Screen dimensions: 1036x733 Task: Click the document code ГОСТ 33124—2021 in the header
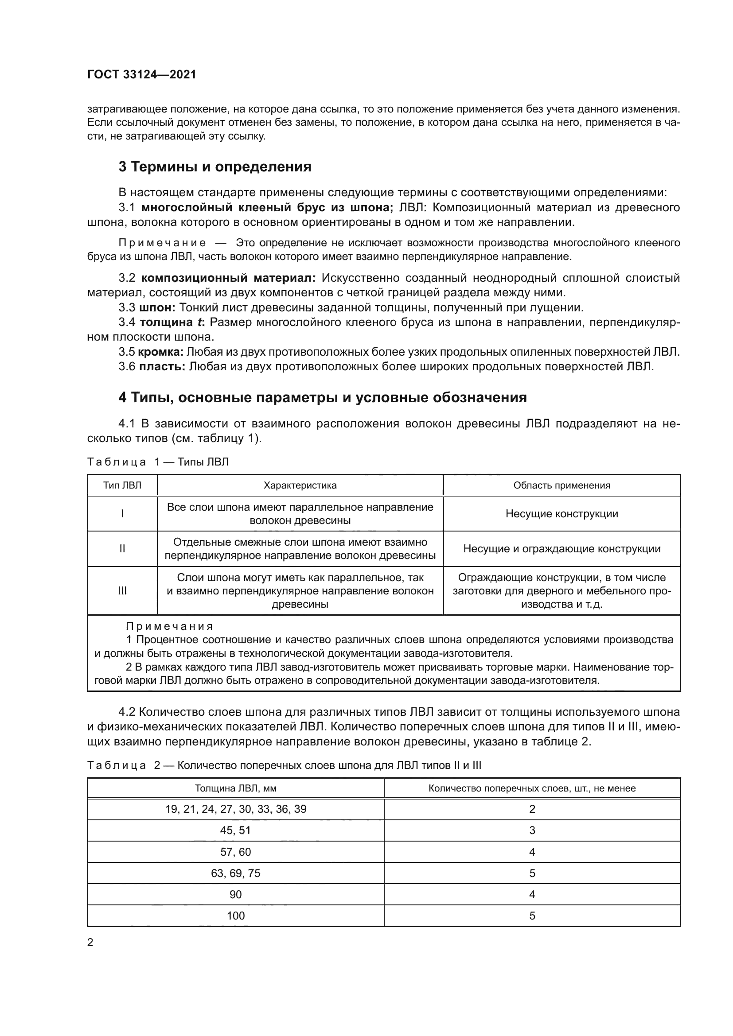point(142,75)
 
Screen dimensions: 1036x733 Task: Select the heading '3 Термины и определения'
point(215,167)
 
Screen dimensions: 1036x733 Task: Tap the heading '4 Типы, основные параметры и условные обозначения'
point(323,397)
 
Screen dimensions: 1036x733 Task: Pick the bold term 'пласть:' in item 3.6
point(162,366)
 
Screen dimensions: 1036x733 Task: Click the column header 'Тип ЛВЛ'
point(122,485)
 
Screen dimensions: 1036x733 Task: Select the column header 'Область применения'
point(561,485)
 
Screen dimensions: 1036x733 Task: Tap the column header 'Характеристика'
point(300,485)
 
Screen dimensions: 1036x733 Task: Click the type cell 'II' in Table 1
point(122,549)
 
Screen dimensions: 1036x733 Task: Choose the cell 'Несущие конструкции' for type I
point(561,514)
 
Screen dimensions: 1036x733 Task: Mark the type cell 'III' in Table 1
point(122,591)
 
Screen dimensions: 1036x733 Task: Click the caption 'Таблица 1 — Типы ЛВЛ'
point(158,462)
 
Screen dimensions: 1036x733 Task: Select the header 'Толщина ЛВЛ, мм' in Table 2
point(236,788)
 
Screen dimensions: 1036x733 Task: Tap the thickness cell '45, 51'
point(236,830)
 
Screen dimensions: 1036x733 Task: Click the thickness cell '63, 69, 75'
point(236,873)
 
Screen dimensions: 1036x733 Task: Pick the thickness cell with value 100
point(236,916)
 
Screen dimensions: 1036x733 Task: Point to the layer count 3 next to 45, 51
point(532,830)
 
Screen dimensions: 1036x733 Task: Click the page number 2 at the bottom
point(90,943)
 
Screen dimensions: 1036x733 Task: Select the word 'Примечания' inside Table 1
point(169,626)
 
